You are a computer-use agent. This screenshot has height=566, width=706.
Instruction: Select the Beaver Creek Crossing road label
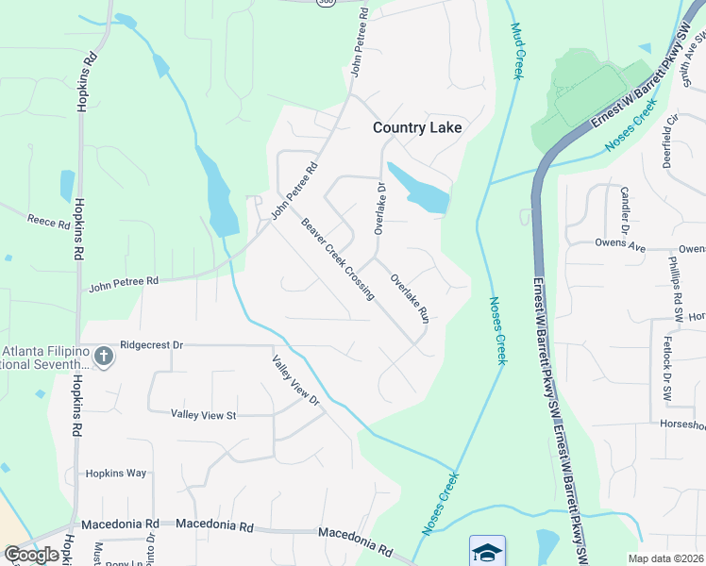[x=338, y=259]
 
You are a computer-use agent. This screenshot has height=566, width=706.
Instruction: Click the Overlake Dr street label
[x=380, y=208]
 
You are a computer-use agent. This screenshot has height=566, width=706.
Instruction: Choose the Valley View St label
[x=203, y=414]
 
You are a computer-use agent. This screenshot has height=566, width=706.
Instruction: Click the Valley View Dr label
[x=297, y=381]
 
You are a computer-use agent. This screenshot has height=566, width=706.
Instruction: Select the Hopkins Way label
[x=116, y=474]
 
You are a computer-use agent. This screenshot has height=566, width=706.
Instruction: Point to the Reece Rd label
[x=49, y=224]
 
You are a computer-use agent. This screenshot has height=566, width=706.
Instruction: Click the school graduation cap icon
[x=487, y=551]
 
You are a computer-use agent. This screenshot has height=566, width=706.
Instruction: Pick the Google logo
[x=31, y=555]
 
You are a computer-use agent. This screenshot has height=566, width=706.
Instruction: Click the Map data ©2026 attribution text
[x=666, y=558]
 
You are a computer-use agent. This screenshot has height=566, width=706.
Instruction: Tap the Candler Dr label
[x=624, y=209]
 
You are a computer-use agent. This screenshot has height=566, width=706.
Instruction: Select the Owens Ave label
[x=619, y=244]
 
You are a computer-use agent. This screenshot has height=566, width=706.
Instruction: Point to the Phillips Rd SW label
[x=676, y=279]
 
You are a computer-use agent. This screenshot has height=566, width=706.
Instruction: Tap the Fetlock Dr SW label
[x=666, y=359]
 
